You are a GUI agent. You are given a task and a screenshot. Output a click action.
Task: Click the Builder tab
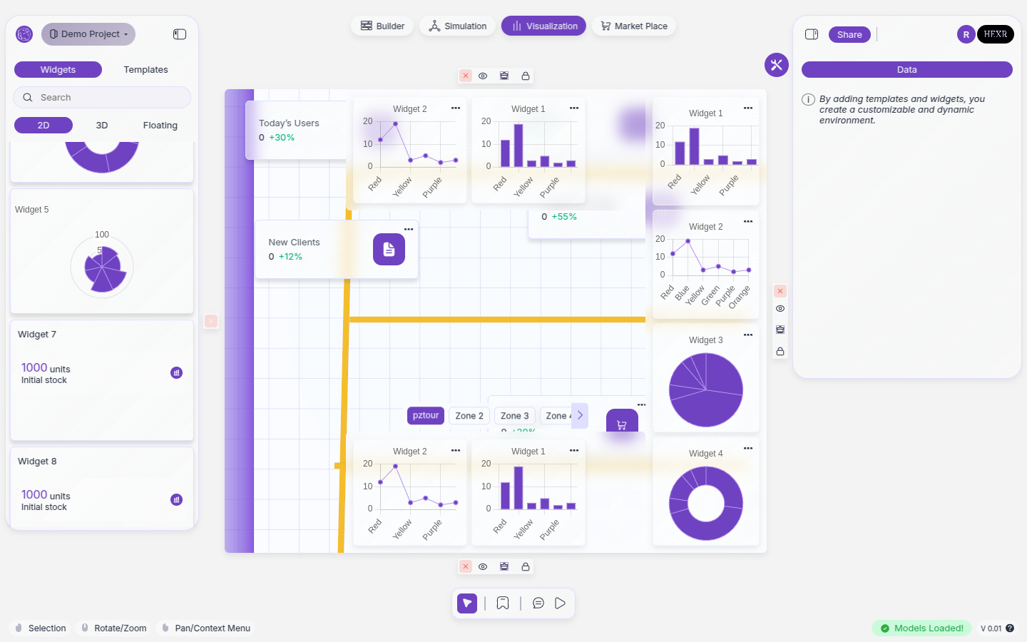click(x=382, y=26)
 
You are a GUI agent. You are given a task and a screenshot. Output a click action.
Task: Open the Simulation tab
click(x=458, y=26)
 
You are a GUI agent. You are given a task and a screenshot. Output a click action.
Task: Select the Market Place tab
click(x=634, y=26)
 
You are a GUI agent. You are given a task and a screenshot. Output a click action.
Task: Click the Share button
click(x=849, y=35)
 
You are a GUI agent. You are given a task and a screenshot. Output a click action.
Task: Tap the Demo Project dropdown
click(x=88, y=34)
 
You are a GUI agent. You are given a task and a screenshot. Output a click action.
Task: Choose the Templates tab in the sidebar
click(x=145, y=70)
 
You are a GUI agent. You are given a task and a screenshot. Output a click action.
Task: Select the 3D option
click(x=102, y=126)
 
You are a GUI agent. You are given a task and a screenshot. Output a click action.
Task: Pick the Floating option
click(x=160, y=126)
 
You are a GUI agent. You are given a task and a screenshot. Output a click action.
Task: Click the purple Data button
click(x=906, y=70)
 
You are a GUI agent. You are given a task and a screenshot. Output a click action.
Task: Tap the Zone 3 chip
click(x=514, y=416)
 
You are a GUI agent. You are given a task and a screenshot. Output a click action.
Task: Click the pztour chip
click(x=426, y=415)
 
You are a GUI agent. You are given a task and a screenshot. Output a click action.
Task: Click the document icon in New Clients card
click(x=389, y=249)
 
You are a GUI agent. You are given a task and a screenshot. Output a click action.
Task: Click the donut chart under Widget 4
click(x=706, y=504)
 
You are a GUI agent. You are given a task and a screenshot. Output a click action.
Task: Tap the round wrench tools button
click(x=777, y=65)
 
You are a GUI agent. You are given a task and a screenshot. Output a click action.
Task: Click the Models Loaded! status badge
click(x=921, y=628)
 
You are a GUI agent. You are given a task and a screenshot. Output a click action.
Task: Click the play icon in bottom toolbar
click(x=561, y=603)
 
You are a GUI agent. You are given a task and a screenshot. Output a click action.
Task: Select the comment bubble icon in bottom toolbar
click(x=538, y=603)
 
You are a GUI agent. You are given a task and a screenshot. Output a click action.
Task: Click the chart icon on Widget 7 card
click(x=177, y=372)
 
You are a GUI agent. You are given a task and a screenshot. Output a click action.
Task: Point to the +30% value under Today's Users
click(x=282, y=138)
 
